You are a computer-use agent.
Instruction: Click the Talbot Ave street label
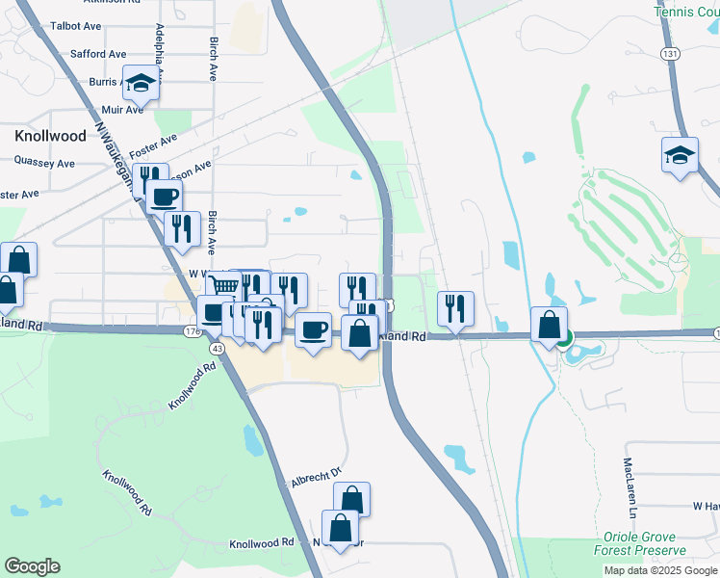point(75,26)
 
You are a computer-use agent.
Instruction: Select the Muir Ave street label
point(122,110)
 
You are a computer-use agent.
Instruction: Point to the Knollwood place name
point(50,136)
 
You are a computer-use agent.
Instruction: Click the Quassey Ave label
point(38,164)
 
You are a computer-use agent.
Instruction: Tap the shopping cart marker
point(223,286)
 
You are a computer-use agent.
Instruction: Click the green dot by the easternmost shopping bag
point(564,337)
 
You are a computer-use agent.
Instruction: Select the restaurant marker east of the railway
point(455,307)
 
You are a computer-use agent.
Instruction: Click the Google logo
point(32,566)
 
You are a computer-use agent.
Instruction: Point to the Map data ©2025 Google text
point(658,570)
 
